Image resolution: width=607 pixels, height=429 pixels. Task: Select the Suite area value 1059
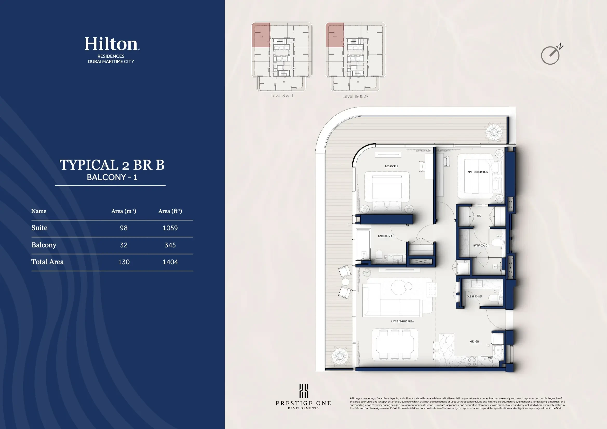pos(170,228)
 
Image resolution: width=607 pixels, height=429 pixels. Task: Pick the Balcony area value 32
pos(124,245)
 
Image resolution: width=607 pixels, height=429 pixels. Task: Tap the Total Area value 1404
pos(170,262)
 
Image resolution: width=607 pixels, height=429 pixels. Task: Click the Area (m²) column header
pos(124,211)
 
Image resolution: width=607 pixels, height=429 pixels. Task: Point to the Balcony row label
pos(44,245)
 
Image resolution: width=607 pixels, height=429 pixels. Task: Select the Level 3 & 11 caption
pos(281,96)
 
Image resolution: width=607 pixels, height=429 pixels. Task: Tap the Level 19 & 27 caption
pos(355,97)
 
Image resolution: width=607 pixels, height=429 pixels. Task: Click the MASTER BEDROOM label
pos(478,172)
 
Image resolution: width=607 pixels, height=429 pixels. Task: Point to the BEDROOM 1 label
pos(391,166)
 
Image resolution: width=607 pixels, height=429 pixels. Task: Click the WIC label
pos(479,216)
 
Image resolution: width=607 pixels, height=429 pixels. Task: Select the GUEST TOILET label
pos(474,297)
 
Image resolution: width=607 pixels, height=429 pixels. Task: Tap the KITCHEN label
pos(474,342)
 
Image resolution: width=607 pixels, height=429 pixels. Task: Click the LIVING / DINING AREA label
pos(402,321)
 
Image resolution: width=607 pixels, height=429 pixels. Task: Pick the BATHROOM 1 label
pos(385,236)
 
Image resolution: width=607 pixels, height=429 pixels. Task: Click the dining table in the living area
pos(395,345)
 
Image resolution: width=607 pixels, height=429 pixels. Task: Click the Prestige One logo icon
pos(303,391)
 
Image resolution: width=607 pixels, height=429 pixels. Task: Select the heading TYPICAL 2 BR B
pos(112,165)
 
